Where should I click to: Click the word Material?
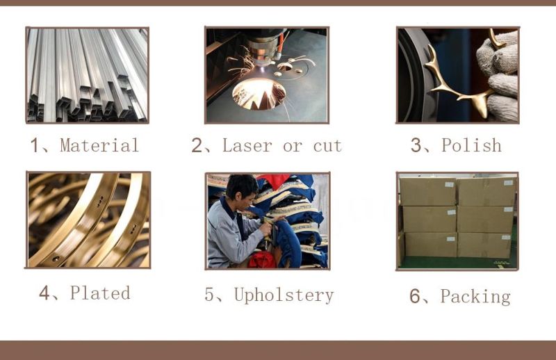(99, 145)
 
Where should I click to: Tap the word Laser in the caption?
(247, 145)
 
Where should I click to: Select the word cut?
(327, 146)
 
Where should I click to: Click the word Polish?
(471, 145)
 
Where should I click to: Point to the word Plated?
(100, 293)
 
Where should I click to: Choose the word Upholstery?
(284, 295)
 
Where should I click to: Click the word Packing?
(475, 297)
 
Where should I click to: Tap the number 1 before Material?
(34, 145)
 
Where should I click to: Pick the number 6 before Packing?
(414, 296)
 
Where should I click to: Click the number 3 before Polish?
(416, 145)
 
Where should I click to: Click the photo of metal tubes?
(88, 75)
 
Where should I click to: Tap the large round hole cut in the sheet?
(259, 94)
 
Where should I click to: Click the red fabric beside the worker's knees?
(262, 260)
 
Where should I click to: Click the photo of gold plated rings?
(88, 220)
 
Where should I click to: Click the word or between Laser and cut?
(293, 147)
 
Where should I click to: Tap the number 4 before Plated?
(44, 293)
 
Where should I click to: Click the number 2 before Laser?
(197, 145)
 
